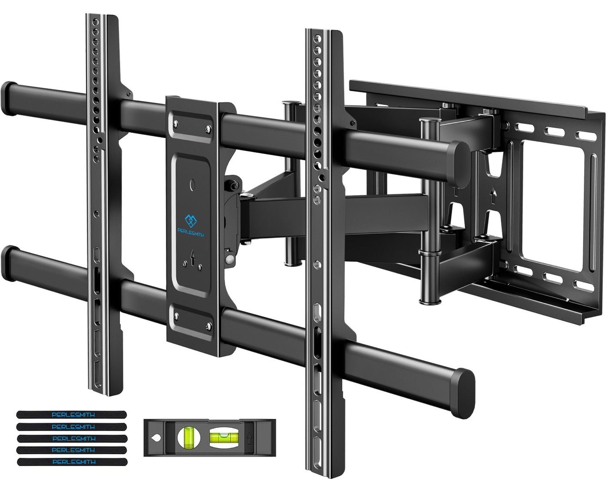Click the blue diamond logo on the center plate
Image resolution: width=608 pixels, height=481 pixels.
click(x=191, y=221)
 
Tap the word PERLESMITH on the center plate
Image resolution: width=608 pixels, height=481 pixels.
click(x=191, y=235)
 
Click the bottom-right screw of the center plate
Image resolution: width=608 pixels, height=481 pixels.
click(x=208, y=326)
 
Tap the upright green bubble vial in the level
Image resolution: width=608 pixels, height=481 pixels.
click(x=188, y=437)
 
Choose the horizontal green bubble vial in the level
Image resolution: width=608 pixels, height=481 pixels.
click(x=220, y=437)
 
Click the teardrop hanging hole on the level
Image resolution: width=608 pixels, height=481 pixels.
click(x=154, y=438)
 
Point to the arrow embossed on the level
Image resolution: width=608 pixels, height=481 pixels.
click(x=250, y=437)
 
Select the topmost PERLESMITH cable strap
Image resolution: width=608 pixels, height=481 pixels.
click(x=72, y=415)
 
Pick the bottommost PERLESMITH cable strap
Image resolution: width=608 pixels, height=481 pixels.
click(x=72, y=462)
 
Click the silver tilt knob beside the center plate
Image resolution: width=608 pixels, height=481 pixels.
click(x=229, y=259)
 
